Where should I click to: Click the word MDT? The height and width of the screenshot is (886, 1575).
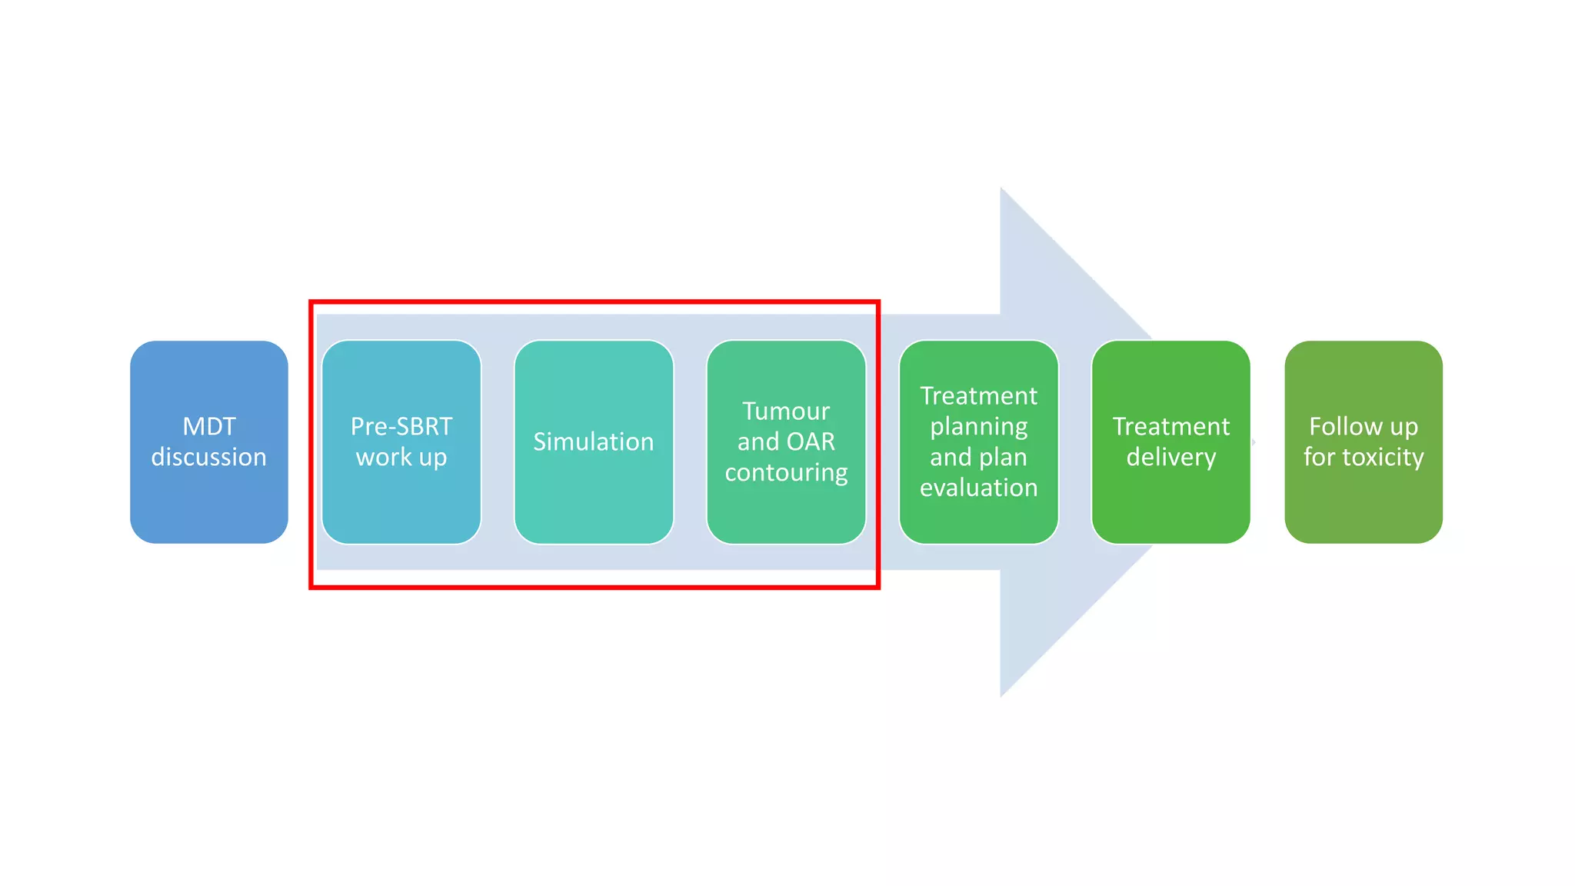pyautogui.click(x=208, y=426)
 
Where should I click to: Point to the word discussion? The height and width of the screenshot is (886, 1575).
pyautogui.click(x=208, y=457)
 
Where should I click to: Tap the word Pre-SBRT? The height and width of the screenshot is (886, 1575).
pyautogui.click(x=401, y=426)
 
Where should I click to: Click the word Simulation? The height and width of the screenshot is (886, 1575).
pyautogui.click(x=593, y=441)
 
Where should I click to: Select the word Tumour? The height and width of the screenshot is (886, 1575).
pyautogui.click(x=785, y=411)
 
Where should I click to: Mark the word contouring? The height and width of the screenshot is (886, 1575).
pyautogui.click(x=785, y=472)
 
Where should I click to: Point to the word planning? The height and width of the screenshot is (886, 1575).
pyautogui.click(x=978, y=427)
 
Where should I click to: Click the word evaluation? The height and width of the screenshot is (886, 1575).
pyautogui.click(x=978, y=488)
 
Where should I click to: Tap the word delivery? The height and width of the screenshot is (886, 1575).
pyautogui.click(x=1170, y=457)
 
